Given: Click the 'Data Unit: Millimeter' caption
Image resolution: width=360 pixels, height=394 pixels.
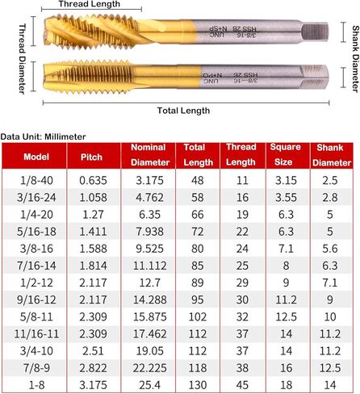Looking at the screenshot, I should click(44, 136).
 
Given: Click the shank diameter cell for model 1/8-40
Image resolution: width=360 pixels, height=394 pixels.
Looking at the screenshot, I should click(330, 178).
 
